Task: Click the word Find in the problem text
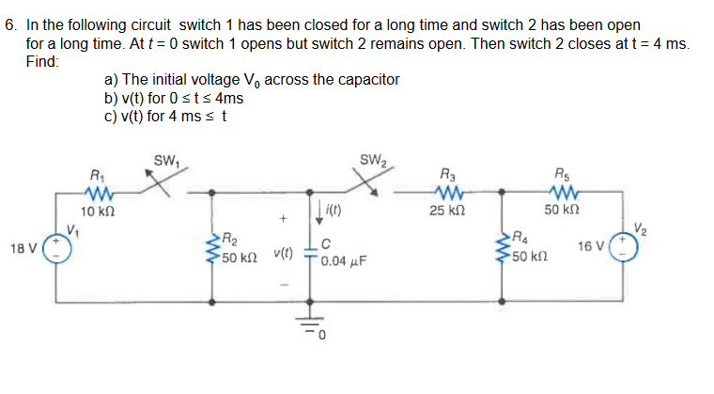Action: [41, 59]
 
